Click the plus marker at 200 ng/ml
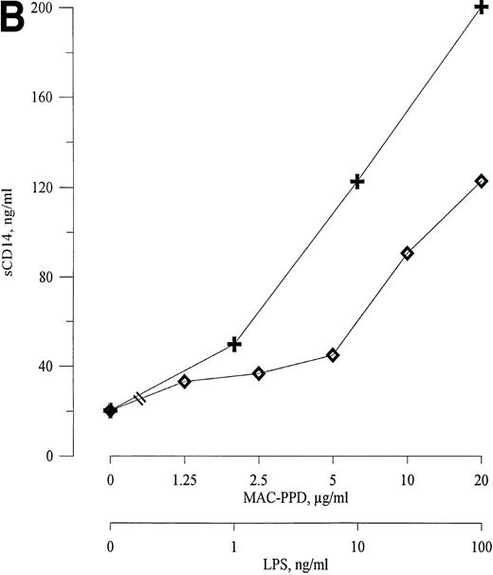(482, 8)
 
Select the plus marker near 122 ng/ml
(357, 181)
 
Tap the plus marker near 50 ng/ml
(234, 344)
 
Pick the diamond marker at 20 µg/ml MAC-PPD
(481, 181)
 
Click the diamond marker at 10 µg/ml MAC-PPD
(407, 253)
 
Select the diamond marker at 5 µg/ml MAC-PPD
(333, 355)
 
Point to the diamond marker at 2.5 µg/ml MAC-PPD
(259, 373)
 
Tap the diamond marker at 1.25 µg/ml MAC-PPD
(185, 382)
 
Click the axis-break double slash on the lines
(140, 399)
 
